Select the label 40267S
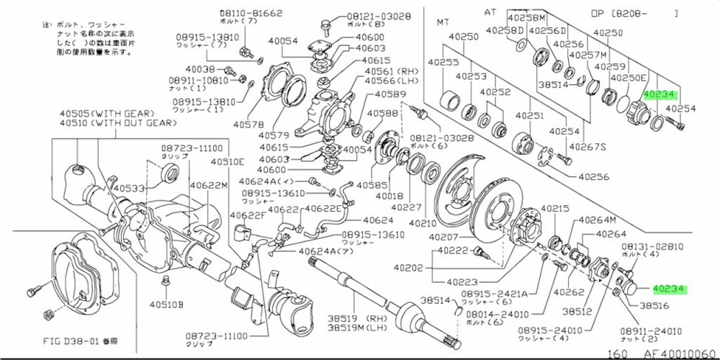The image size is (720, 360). (x=588, y=148)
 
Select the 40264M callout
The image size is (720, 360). (x=599, y=220)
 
